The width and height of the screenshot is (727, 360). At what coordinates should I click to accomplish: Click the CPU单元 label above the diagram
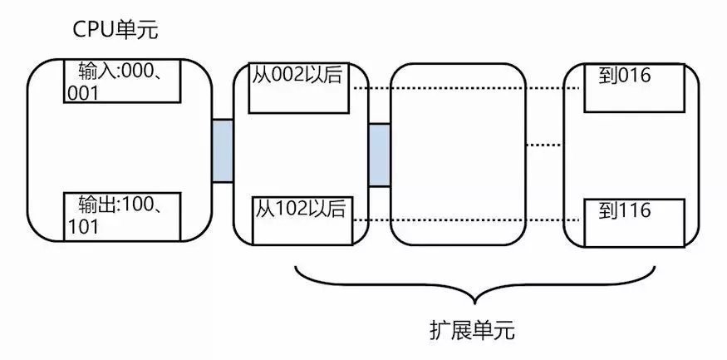click(x=115, y=32)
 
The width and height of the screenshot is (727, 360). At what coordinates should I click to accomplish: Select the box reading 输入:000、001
click(x=122, y=81)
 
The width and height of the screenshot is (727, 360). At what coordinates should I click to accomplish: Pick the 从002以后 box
click(x=299, y=87)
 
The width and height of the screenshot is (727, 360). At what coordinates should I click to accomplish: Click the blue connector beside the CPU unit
click(x=222, y=150)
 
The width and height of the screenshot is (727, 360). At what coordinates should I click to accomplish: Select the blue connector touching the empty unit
click(x=379, y=155)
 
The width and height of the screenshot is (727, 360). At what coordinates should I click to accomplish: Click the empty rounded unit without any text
click(x=458, y=155)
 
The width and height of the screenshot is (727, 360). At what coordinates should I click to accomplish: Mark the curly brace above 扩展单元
click(x=476, y=287)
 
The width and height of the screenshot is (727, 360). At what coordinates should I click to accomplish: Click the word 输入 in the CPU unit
click(x=93, y=70)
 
